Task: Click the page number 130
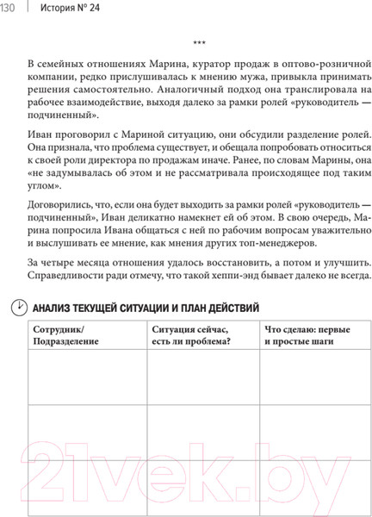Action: (x=9, y=9)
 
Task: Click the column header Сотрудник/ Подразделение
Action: (x=65, y=335)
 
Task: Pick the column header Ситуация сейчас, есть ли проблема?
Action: (x=195, y=335)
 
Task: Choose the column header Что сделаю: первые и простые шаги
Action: (x=309, y=335)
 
